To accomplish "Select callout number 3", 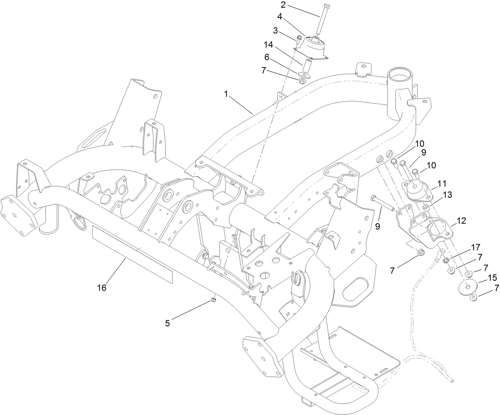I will click(x=275, y=30).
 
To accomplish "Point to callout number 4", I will click(x=280, y=17).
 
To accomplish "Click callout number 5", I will click(x=168, y=324).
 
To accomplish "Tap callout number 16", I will click(x=102, y=288).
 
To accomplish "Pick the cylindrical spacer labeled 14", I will click(x=306, y=65).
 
